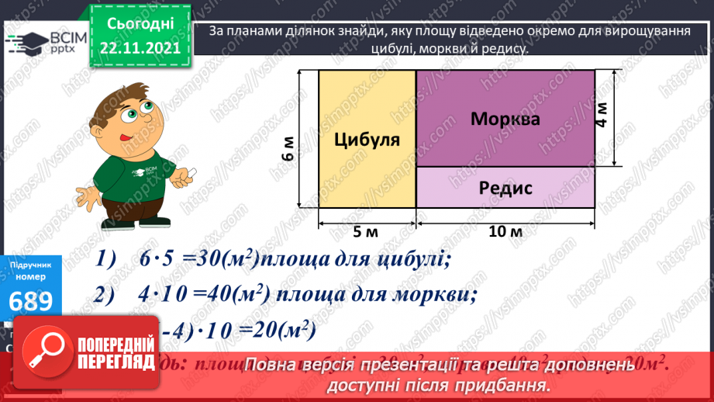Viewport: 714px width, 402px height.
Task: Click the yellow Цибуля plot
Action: (x=367, y=140)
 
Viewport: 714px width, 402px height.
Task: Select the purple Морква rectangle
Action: (x=505, y=119)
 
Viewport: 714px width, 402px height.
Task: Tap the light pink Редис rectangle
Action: (x=505, y=187)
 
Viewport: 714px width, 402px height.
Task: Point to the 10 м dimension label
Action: (x=505, y=231)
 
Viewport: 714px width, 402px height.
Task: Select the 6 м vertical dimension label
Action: (x=288, y=148)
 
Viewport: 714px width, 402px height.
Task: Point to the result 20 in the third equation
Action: (x=253, y=331)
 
